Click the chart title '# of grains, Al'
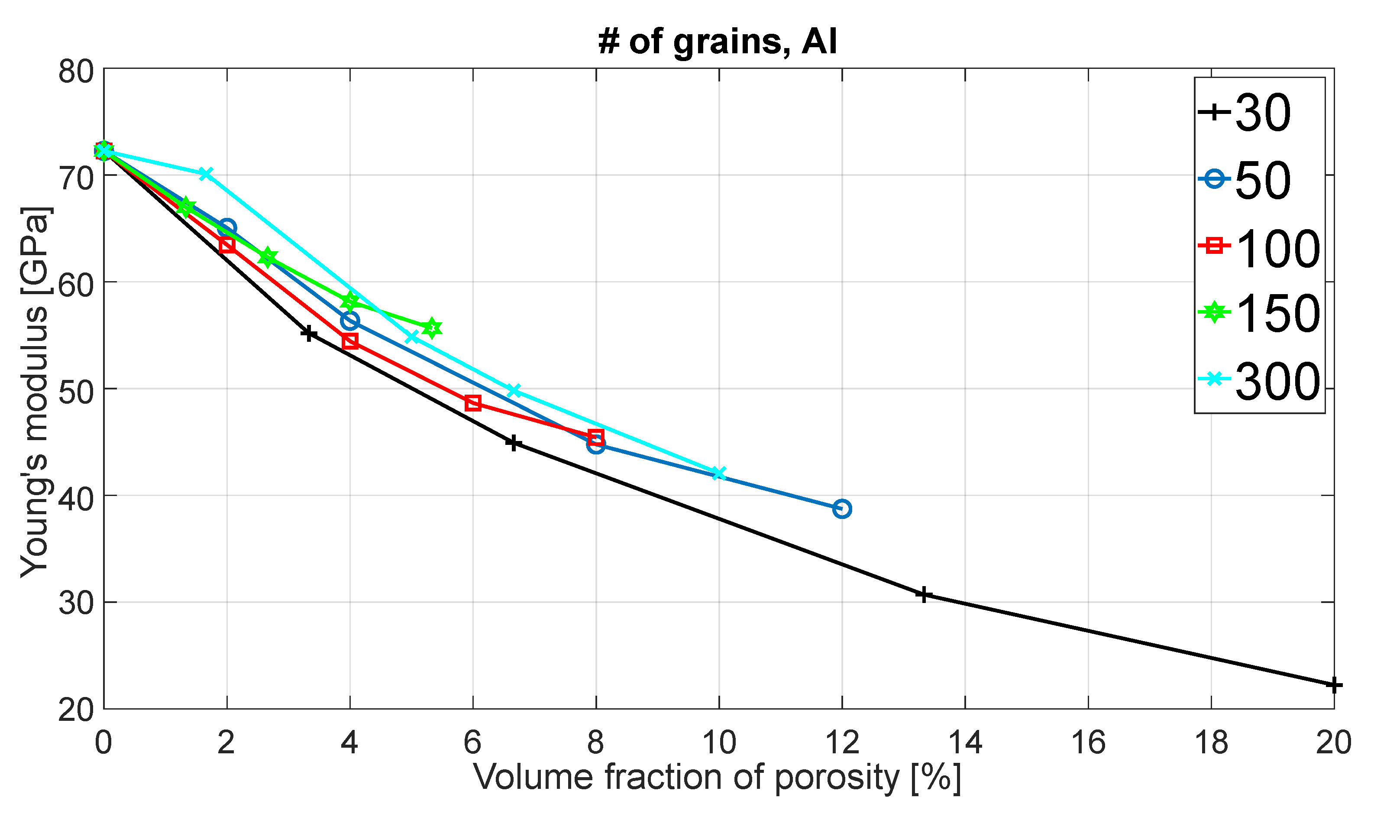tap(718, 41)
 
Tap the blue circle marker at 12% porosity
tap(842, 509)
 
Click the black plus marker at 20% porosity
tap(1333, 685)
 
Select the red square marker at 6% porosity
tap(473, 403)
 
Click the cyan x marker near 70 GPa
tap(205, 174)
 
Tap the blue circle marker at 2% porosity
tap(227, 227)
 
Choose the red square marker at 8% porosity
tap(595, 438)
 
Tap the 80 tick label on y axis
tap(76, 71)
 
